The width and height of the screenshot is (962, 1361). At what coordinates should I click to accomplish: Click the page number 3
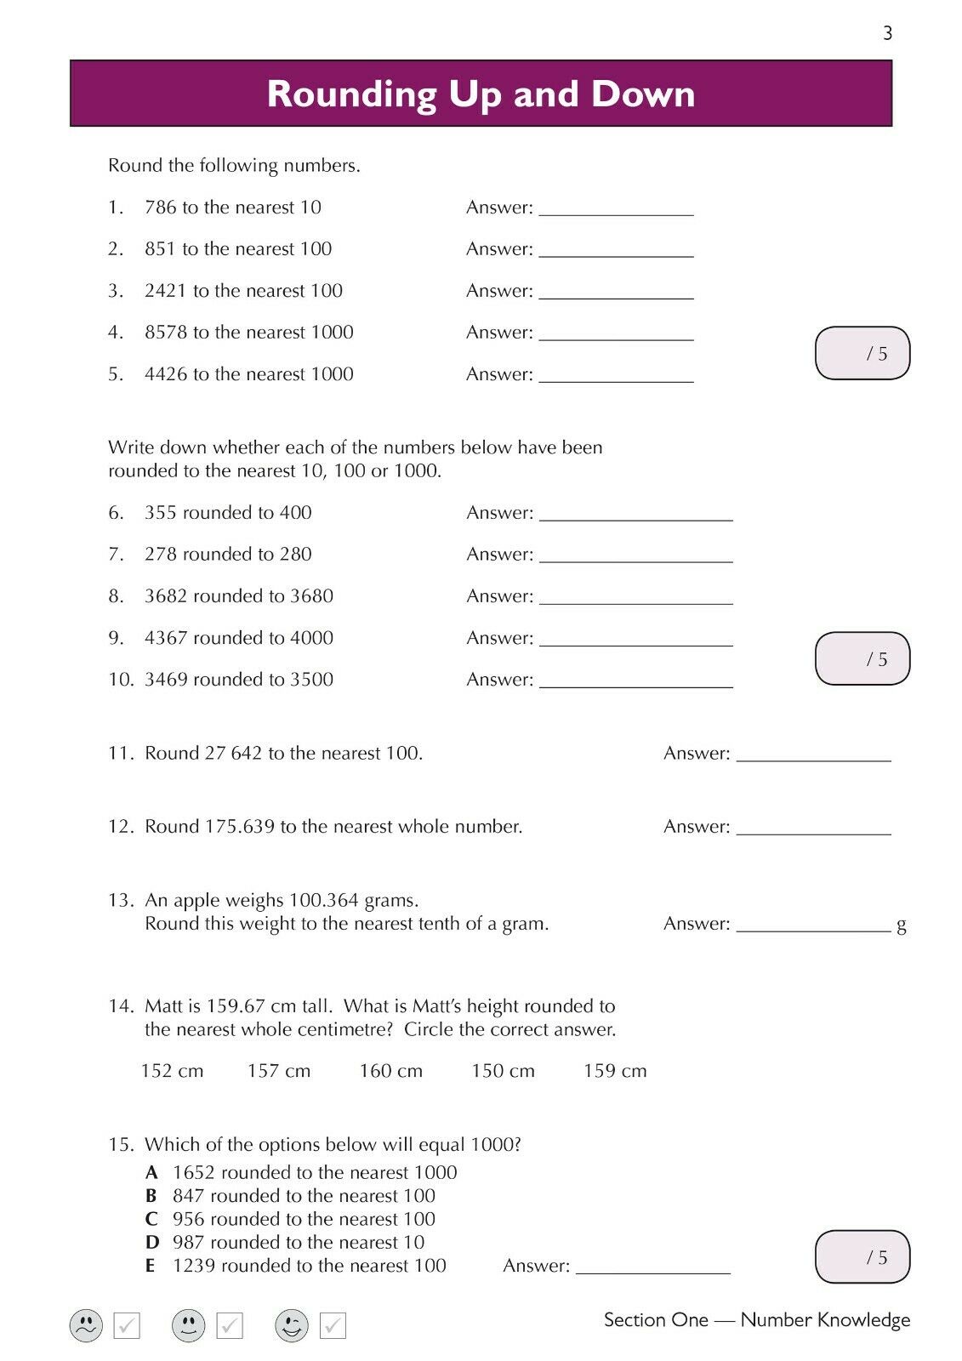point(888,33)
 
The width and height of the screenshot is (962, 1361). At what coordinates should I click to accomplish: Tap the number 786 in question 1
point(161,208)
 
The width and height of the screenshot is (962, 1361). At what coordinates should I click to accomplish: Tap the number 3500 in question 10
point(311,680)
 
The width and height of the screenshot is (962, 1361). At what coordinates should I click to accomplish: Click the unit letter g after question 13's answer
point(902,925)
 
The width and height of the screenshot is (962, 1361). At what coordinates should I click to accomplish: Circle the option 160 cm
point(390,1071)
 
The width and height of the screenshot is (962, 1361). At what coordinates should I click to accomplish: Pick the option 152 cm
point(172,1071)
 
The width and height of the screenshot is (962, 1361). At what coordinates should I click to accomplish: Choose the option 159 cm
point(615,1071)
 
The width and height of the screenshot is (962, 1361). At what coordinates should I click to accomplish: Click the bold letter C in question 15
point(151,1220)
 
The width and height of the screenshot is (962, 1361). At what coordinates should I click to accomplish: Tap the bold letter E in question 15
point(151,1267)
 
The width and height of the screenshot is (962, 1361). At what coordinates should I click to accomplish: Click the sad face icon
point(86,1325)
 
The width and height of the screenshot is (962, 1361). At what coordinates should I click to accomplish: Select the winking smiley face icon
point(292,1325)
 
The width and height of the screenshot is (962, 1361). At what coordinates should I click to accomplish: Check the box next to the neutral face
point(230,1325)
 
